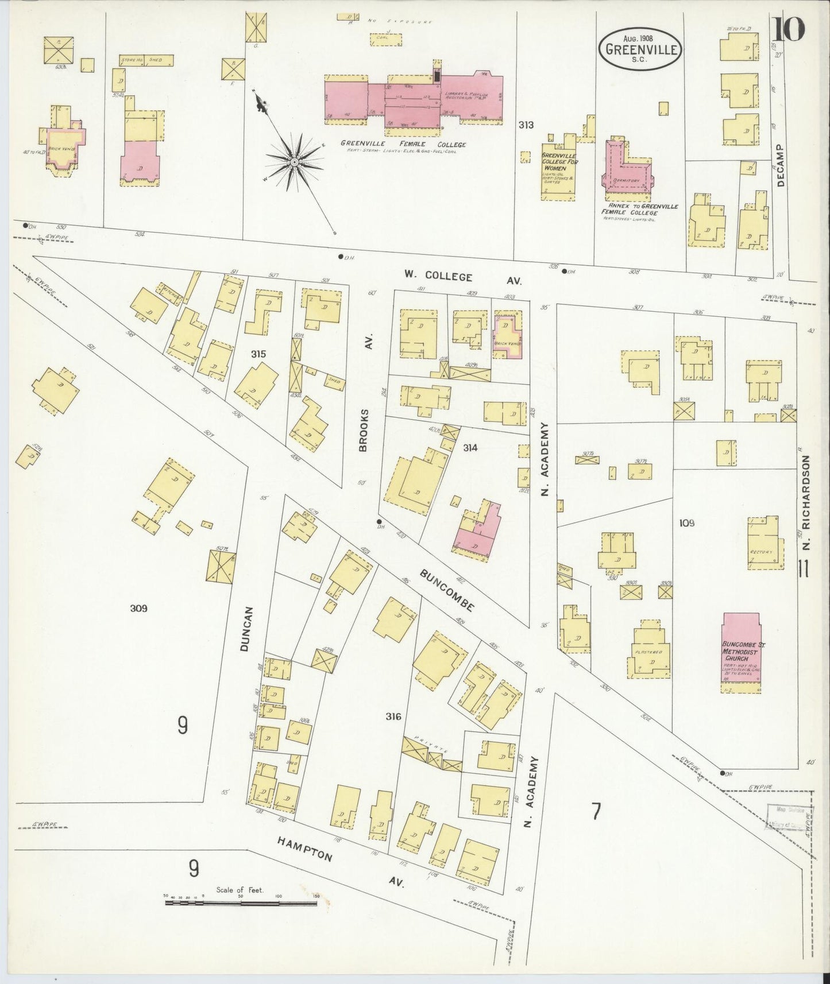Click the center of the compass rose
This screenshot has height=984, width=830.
coord(294,162)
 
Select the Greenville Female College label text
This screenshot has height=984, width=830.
coord(403,144)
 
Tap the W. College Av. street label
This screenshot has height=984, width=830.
coord(462,278)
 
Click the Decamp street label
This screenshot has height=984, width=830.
coord(780,165)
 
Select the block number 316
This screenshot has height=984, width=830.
coord(393,716)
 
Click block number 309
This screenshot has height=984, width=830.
coord(138,608)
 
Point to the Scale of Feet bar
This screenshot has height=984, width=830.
coord(241,903)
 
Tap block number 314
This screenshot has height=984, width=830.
coord(470,447)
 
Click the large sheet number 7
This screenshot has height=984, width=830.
coord(596,812)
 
